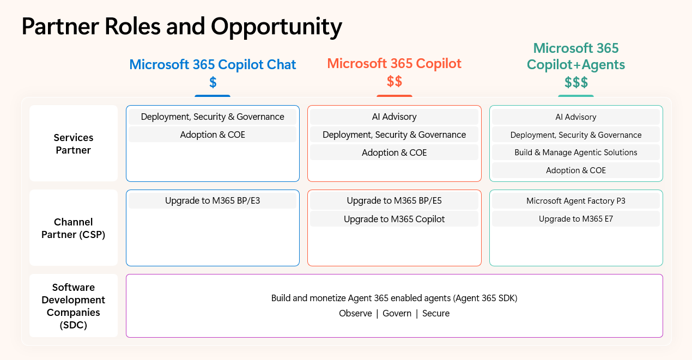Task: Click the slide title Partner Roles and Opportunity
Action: tap(182, 26)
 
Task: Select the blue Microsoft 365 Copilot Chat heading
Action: tap(213, 65)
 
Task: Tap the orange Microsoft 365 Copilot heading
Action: tap(394, 63)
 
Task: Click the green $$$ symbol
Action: tap(576, 82)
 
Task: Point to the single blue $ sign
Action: tap(213, 82)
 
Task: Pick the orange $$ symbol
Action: tap(394, 81)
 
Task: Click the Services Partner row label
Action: tap(74, 144)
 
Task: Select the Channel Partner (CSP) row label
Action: tap(74, 228)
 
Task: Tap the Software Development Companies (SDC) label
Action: tap(74, 306)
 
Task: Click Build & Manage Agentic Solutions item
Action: tap(576, 152)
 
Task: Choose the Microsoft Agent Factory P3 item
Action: tap(576, 201)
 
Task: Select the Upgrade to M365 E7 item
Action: tap(576, 219)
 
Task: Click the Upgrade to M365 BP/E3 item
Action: tap(213, 201)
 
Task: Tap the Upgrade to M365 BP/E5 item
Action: tap(394, 201)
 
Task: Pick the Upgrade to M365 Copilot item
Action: tap(394, 219)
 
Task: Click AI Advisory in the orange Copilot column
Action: tap(394, 117)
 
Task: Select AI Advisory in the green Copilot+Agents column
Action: tap(576, 117)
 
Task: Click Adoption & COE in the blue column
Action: tap(213, 135)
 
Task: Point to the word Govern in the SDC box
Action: tap(397, 313)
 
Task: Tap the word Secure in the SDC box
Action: tap(436, 313)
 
